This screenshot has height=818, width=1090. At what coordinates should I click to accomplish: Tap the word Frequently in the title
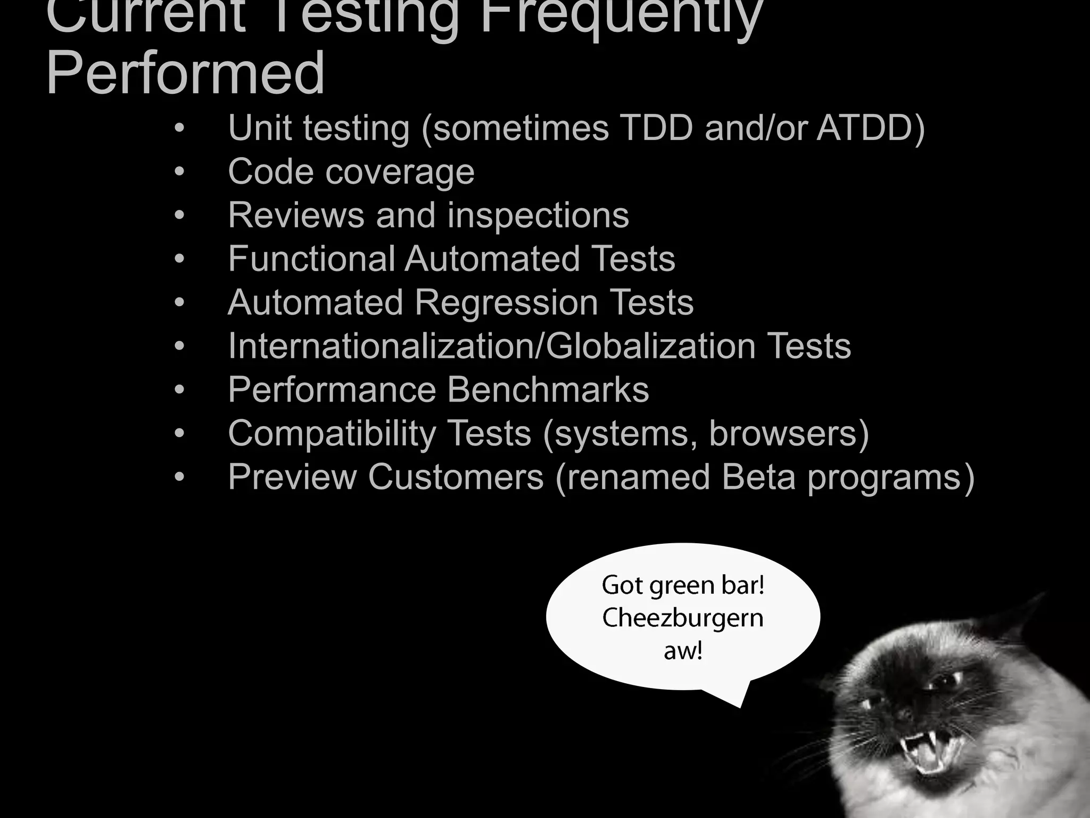tap(621, 16)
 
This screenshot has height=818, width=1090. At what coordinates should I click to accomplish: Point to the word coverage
tap(399, 172)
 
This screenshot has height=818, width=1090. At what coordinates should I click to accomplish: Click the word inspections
tap(538, 215)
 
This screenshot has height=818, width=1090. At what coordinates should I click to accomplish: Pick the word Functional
tap(311, 259)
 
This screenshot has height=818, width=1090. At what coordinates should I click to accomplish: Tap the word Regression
tap(506, 302)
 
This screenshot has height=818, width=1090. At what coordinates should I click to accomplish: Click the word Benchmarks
tap(548, 390)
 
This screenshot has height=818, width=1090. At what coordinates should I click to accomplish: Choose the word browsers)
tap(789, 433)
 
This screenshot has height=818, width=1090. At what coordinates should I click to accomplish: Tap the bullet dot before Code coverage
tap(179, 172)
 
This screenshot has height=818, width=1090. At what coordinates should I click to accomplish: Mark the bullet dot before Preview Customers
tap(179, 477)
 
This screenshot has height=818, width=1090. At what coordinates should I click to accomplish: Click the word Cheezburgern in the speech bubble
tap(683, 618)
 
